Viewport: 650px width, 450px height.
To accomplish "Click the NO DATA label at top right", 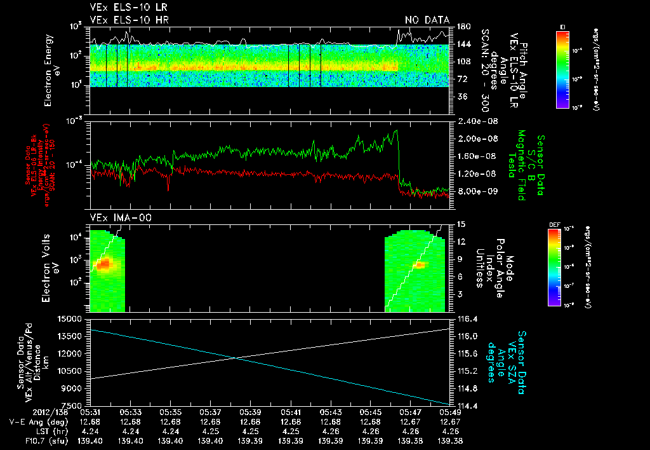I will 427,20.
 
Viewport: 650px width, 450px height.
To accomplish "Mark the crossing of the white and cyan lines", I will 236,358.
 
